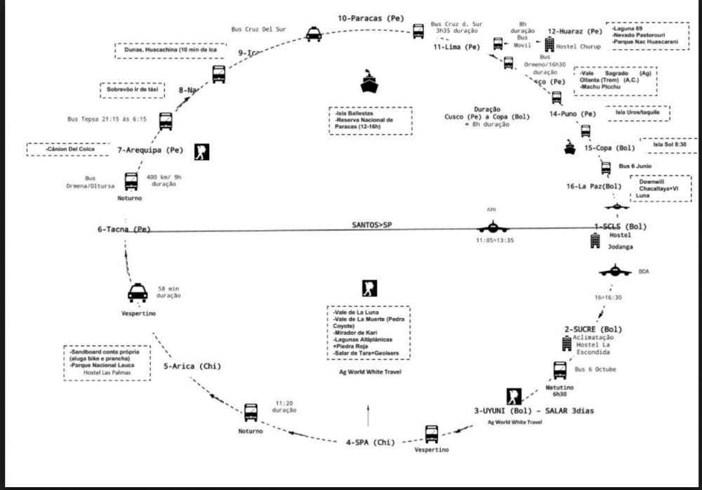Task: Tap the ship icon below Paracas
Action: pyautogui.click(x=369, y=82)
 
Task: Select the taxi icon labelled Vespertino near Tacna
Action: pyautogui.click(x=138, y=293)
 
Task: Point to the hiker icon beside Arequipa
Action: pyautogui.click(x=201, y=152)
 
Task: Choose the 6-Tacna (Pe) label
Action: pyautogui.click(x=124, y=230)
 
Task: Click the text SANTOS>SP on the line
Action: pyautogui.click(x=372, y=225)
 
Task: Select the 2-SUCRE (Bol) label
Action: pyautogui.click(x=593, y=329)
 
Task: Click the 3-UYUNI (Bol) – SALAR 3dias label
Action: pyautogui.click(x=534, y=411)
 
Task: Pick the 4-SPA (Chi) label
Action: pyautogui.click(x=370, y=442)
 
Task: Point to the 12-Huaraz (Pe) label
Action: pyautogui.click(x=575, y=32)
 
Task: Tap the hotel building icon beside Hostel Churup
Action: pyautogui.click(x=550, y=44)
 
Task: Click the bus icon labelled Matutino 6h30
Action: pyautogui.click(x=559, y=370)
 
